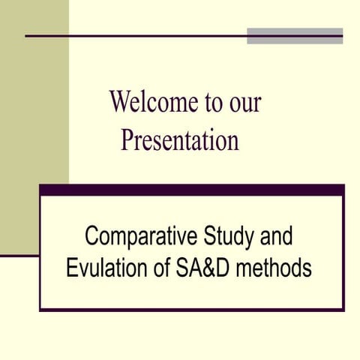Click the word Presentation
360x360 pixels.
pos(179,139)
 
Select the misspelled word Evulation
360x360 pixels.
pos(108,268)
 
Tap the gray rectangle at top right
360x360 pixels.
pos(295,36)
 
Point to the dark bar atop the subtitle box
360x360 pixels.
pos(191,190)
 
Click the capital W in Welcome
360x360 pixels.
pos(119,102)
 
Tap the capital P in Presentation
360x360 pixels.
pos(127,139)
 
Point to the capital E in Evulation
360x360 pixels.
pos(72,268)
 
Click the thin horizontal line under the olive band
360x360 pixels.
pos(19,256)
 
